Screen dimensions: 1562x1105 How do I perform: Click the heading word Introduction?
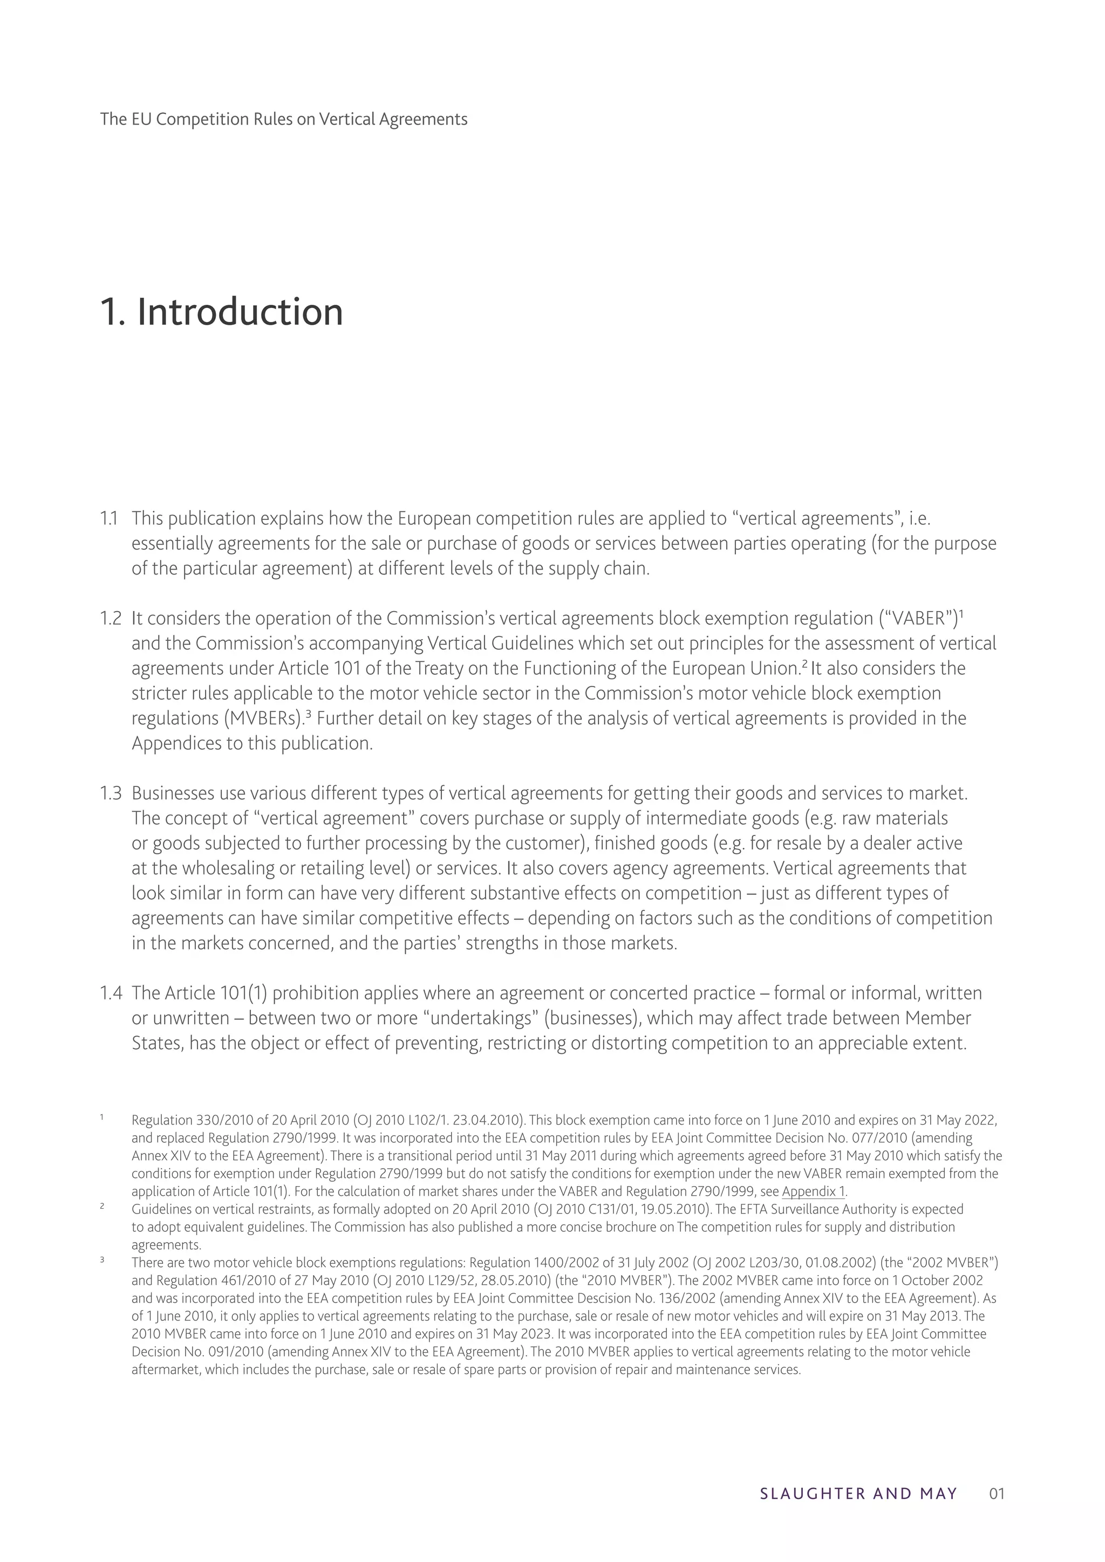click(x=240, y=312)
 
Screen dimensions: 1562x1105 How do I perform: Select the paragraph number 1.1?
click(x=110, y=519)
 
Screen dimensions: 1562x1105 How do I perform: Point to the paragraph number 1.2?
click(x=110, y=619)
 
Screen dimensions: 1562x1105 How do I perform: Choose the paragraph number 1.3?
click(x=110, y=793)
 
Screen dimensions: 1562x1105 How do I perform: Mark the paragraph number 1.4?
click(x=110, y=994)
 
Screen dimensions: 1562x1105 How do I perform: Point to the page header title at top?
click(x=284, y=120)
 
